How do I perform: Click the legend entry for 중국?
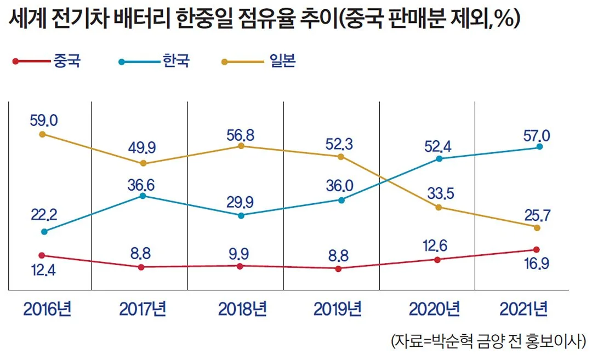[47, 61]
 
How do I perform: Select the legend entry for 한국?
[154, 61]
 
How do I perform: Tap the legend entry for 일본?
[259, 61]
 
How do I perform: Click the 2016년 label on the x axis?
[47, 309]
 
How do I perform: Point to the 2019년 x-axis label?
[338, 309]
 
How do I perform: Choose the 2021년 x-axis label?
[523, 309]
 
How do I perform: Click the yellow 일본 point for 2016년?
[43, 134]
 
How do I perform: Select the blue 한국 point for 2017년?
[143, 196]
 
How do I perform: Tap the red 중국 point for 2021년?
[537, 249]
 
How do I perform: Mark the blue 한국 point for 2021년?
[539, 146]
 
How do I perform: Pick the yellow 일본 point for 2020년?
[439, 208]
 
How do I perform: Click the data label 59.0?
[44, 121]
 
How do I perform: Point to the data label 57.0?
[537, 135]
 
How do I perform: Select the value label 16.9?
[537, 264]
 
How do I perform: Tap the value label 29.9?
[240, 202]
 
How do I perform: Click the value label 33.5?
[441, 193]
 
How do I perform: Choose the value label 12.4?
[43, 270]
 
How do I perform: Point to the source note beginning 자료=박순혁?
[488, 341]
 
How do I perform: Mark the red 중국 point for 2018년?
[240, 266]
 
